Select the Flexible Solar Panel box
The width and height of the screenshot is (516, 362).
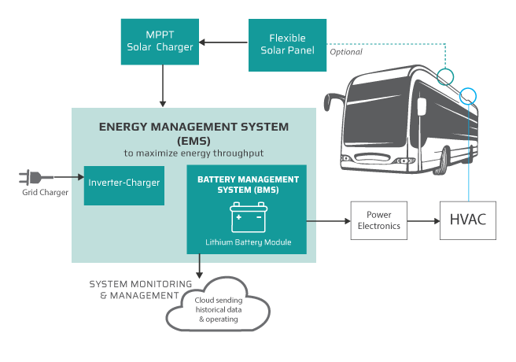tap(287, 44)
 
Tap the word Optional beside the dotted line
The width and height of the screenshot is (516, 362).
tap(346, 53)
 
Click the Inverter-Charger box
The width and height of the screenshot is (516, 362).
tap(124, 183)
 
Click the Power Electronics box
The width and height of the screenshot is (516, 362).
tap(380, 220)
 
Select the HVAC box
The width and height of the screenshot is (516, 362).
tap(467, 220)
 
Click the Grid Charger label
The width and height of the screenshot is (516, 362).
tap(45, 194)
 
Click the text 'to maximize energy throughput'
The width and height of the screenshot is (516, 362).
tap(193, 152)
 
